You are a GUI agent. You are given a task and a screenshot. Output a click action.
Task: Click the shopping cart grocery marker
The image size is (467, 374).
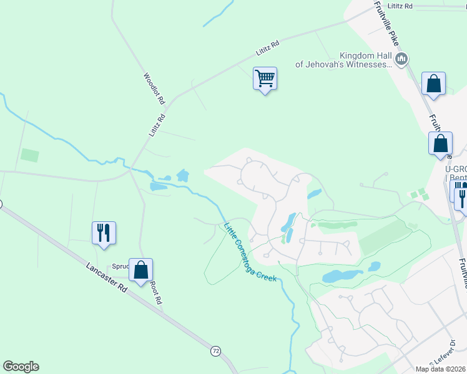[265, 79]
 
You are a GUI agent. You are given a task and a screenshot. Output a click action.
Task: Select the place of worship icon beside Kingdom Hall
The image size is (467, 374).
[401, 59]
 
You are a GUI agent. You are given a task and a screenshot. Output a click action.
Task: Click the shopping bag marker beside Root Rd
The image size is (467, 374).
[140, 271]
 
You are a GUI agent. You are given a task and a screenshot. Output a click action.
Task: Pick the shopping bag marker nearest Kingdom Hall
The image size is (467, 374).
[433, 84]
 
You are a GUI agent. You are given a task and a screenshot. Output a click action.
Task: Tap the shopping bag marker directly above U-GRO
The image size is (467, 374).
[440, 143]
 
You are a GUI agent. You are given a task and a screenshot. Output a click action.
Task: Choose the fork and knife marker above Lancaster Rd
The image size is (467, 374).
[104, 233]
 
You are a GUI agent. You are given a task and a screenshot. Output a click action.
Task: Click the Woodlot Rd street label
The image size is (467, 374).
[154, 89]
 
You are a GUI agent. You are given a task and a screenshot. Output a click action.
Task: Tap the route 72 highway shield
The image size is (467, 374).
[215, 352]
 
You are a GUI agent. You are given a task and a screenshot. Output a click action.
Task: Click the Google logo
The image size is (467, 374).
[21, 367]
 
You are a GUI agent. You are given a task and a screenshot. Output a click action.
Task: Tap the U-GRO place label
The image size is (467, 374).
[455, 169]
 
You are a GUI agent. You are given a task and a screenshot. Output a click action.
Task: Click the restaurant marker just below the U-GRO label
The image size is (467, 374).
[461, 197]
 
